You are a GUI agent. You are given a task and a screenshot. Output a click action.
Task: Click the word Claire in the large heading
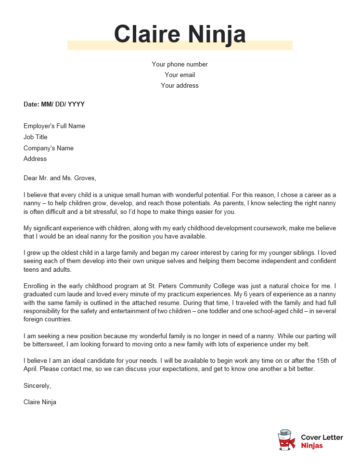(x=152, y=37)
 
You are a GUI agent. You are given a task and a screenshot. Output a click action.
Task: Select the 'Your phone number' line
(x=179, y=64)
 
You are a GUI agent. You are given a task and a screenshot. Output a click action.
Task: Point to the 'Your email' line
(x=179, y=74)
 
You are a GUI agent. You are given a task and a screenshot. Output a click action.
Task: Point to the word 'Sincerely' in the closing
(x=41, y=384)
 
